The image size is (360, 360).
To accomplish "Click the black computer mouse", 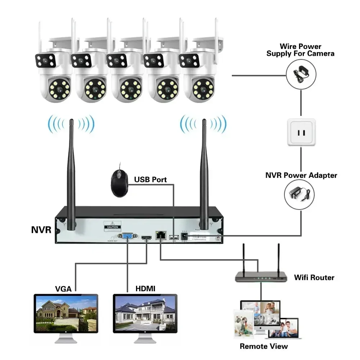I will click(x=120, y=183).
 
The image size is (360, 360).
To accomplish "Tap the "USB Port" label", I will click(x=150, y=179).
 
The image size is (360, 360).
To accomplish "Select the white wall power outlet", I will click(x=301, y=132).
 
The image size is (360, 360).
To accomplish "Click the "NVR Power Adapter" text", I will click(x=301, y=175).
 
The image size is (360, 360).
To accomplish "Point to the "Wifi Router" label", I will click(x=314, y=277).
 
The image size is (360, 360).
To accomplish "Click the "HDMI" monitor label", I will click(x=145, y=288).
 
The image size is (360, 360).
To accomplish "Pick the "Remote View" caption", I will click(x=264, y=346).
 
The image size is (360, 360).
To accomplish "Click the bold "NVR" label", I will click(x=41, y=229).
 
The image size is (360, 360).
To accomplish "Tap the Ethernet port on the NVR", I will click(x=159, y=236).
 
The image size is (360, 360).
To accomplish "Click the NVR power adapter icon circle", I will click(x=299, y=194).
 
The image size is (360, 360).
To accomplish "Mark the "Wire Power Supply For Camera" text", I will click(x=300, y=50).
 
